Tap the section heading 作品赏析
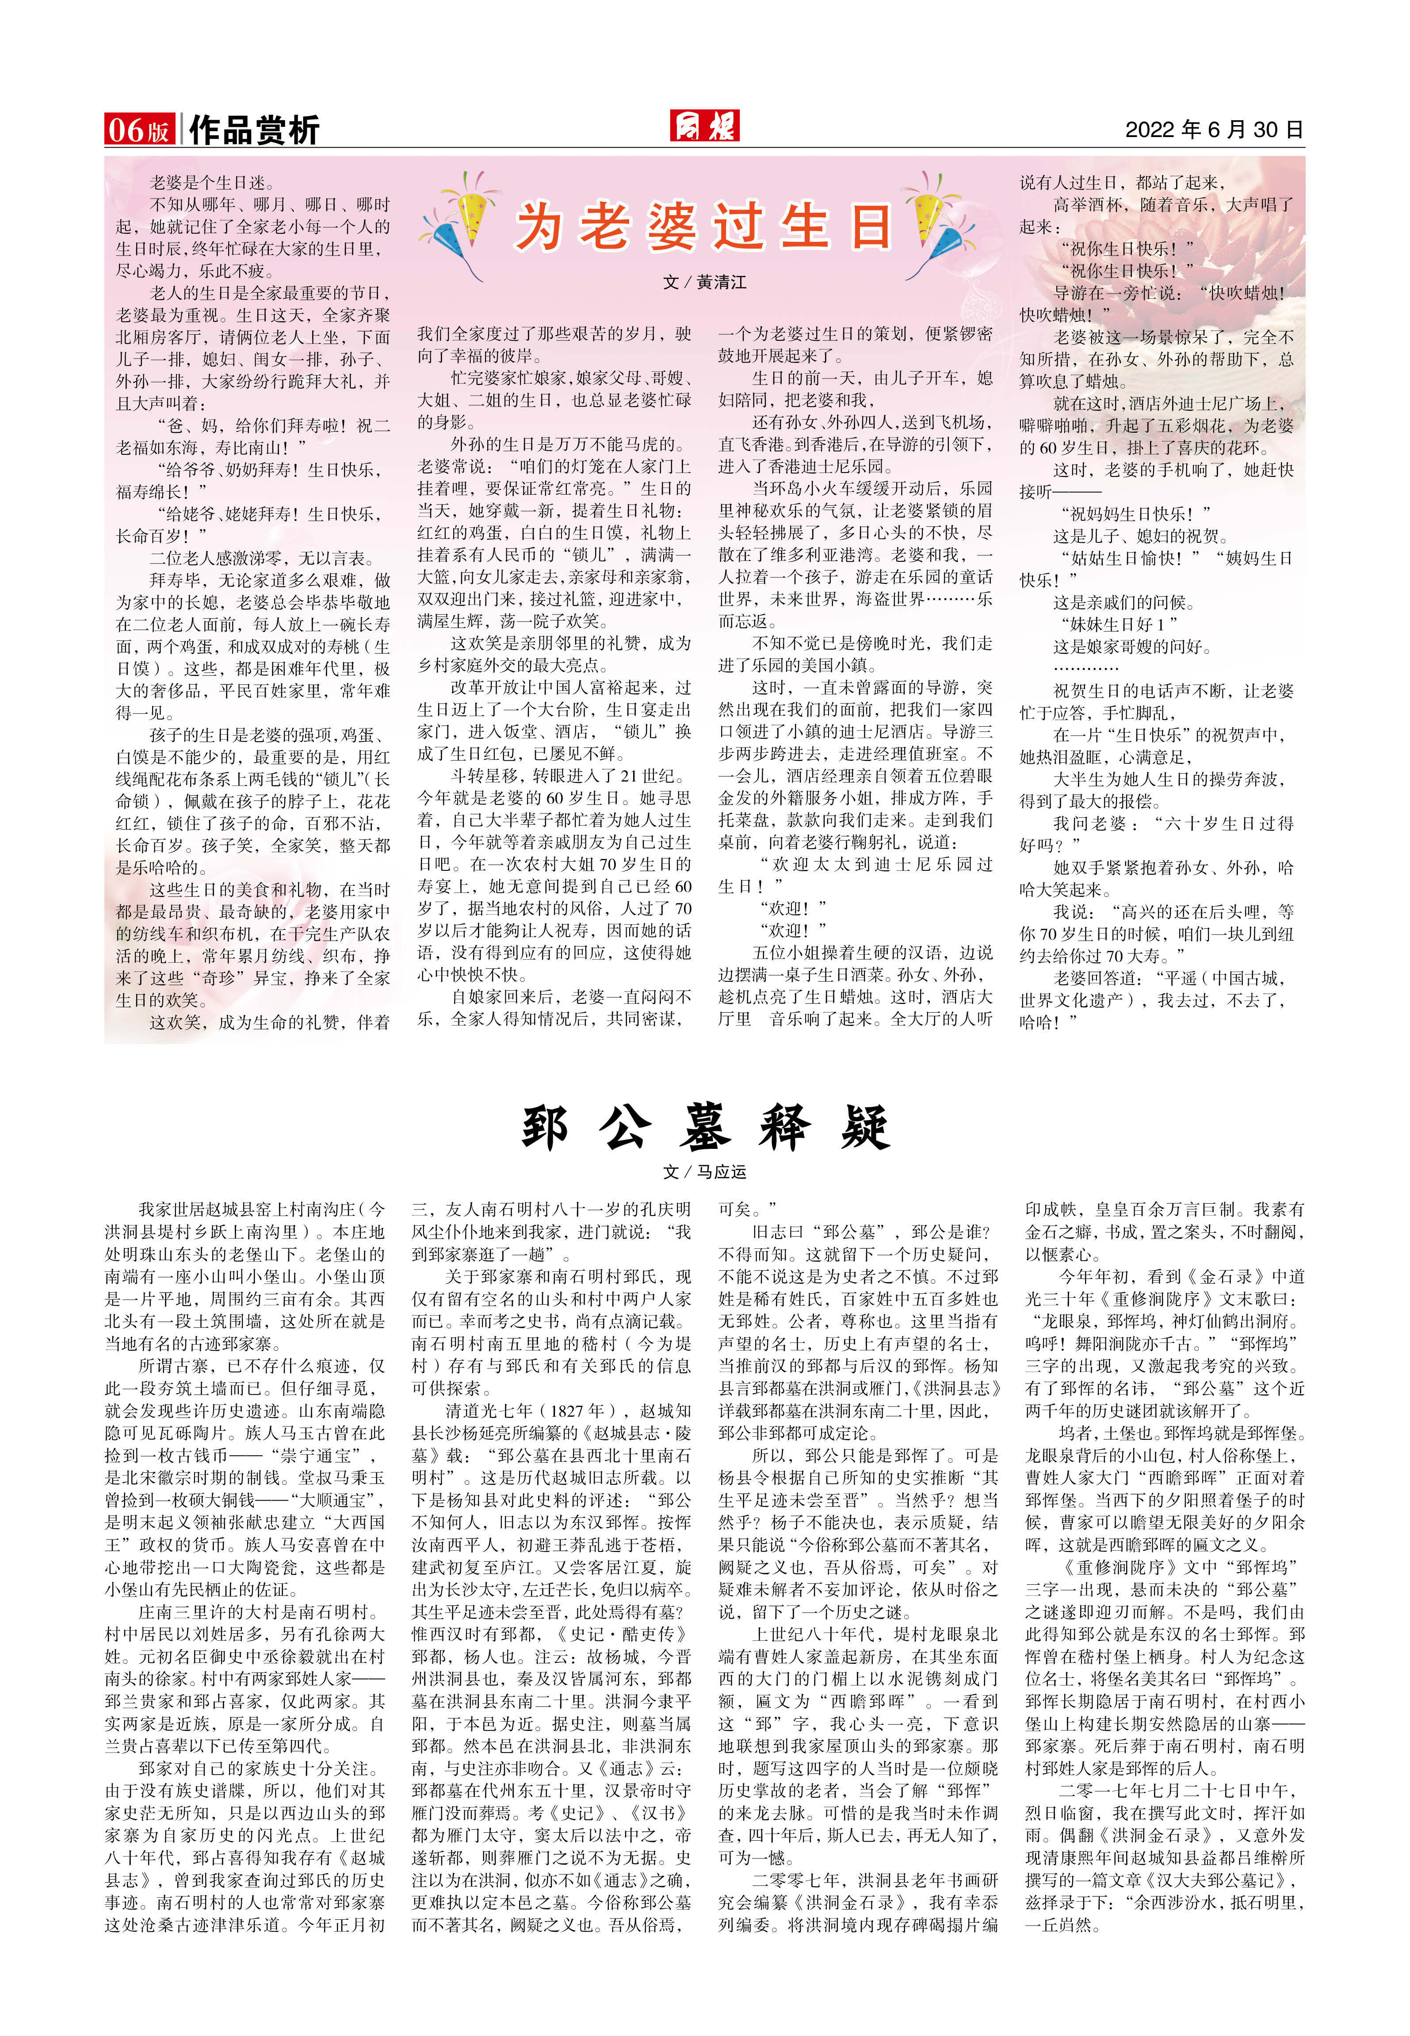(x=254, y=130)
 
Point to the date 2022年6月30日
(x=1214, y=130)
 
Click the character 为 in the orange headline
(x=542, y=227)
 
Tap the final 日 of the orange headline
(x=870, y=227)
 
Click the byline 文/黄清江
(x=704, y=282)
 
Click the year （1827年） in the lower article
(x=540, y=1411)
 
